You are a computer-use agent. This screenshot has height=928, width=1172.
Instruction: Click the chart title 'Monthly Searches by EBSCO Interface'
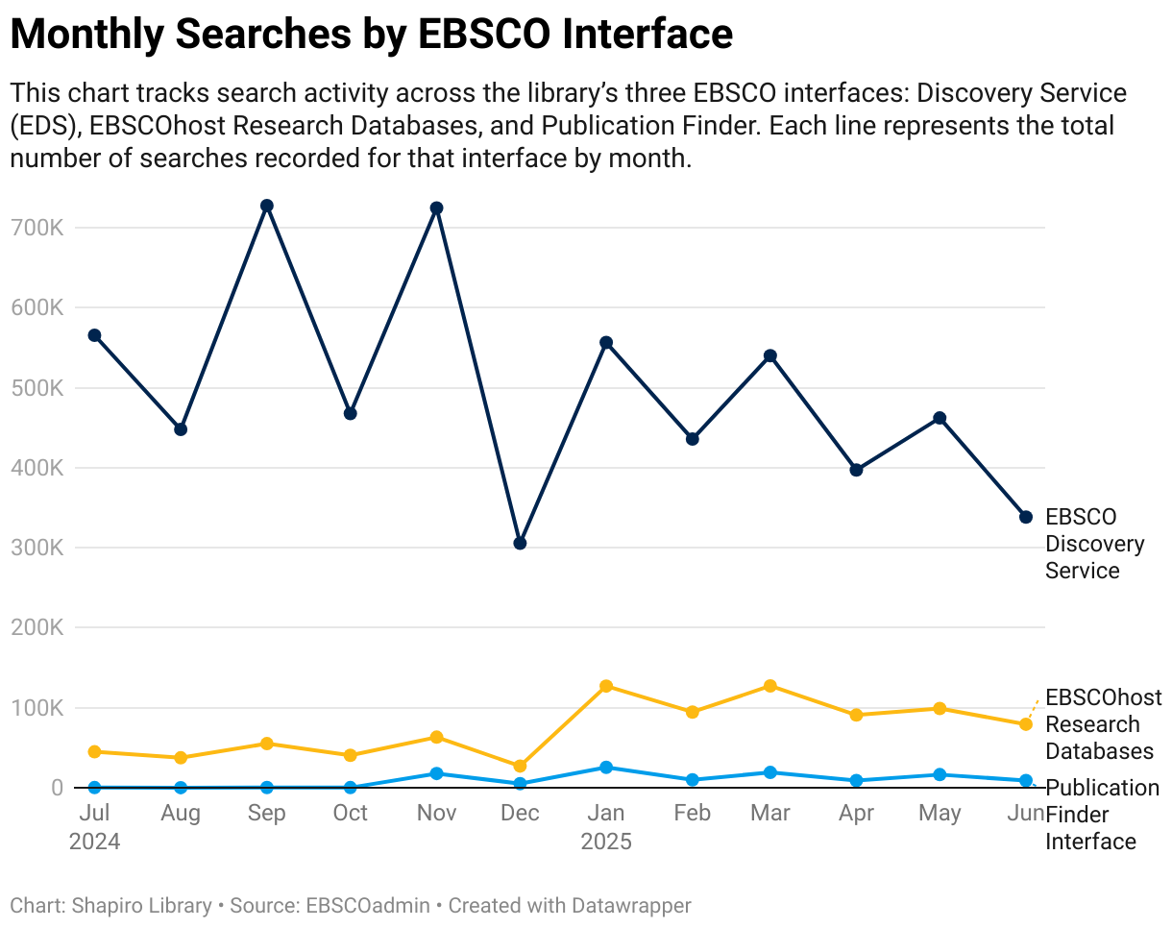pyautogui.click(x=371, y=35)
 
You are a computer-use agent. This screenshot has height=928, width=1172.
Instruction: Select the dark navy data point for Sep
pyautogui.click(x=267, y=207)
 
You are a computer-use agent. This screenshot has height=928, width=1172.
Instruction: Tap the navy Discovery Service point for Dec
pyautogui.click(x=520, y=544)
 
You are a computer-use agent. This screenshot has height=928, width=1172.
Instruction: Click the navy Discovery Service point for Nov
pyautogui.click(x=436, y=208)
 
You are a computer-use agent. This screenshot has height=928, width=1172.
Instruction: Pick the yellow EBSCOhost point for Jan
pyautogui.click(x=606, y=687)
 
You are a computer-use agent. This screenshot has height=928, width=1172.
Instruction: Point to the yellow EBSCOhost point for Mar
pyautogui.click(x=769, y=686)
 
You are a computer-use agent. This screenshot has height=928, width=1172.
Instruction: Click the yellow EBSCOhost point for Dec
pyautogui.click(x=520, y=767)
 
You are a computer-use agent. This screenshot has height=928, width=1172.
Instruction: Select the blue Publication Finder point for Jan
pyautogui.click(x=606, y=768)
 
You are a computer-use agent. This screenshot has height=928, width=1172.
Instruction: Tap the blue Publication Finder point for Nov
pyautogui.click(x=436, y=773)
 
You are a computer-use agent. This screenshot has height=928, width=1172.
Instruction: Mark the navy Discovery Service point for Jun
pyautogui.click(x=1025, y=518)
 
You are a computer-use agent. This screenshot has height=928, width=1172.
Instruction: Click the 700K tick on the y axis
pyautogui.click(x=38, y=229)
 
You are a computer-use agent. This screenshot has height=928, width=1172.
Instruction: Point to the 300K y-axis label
pyautogui.click(x=38, y=549)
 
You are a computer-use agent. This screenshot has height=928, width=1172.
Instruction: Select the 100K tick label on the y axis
pyautogui.click(x=38, y=709)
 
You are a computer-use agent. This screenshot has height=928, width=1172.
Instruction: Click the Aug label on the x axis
pyautogui.click(x=181, y=814)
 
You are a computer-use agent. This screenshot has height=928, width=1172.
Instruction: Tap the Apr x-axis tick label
pyautogui.click(x=856, y=814)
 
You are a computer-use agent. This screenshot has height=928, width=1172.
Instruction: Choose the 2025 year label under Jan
pyautogui.click(x=606, y=843)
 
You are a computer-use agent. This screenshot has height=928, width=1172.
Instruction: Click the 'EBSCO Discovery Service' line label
pyautogui.click(x=1094, y=544)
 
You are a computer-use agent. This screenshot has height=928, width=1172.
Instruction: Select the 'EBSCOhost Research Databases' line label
pyautogui.click(x=1103, y=724)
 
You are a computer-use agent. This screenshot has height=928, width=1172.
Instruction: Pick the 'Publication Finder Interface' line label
pyautogui.click(x=1101, y=815)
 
